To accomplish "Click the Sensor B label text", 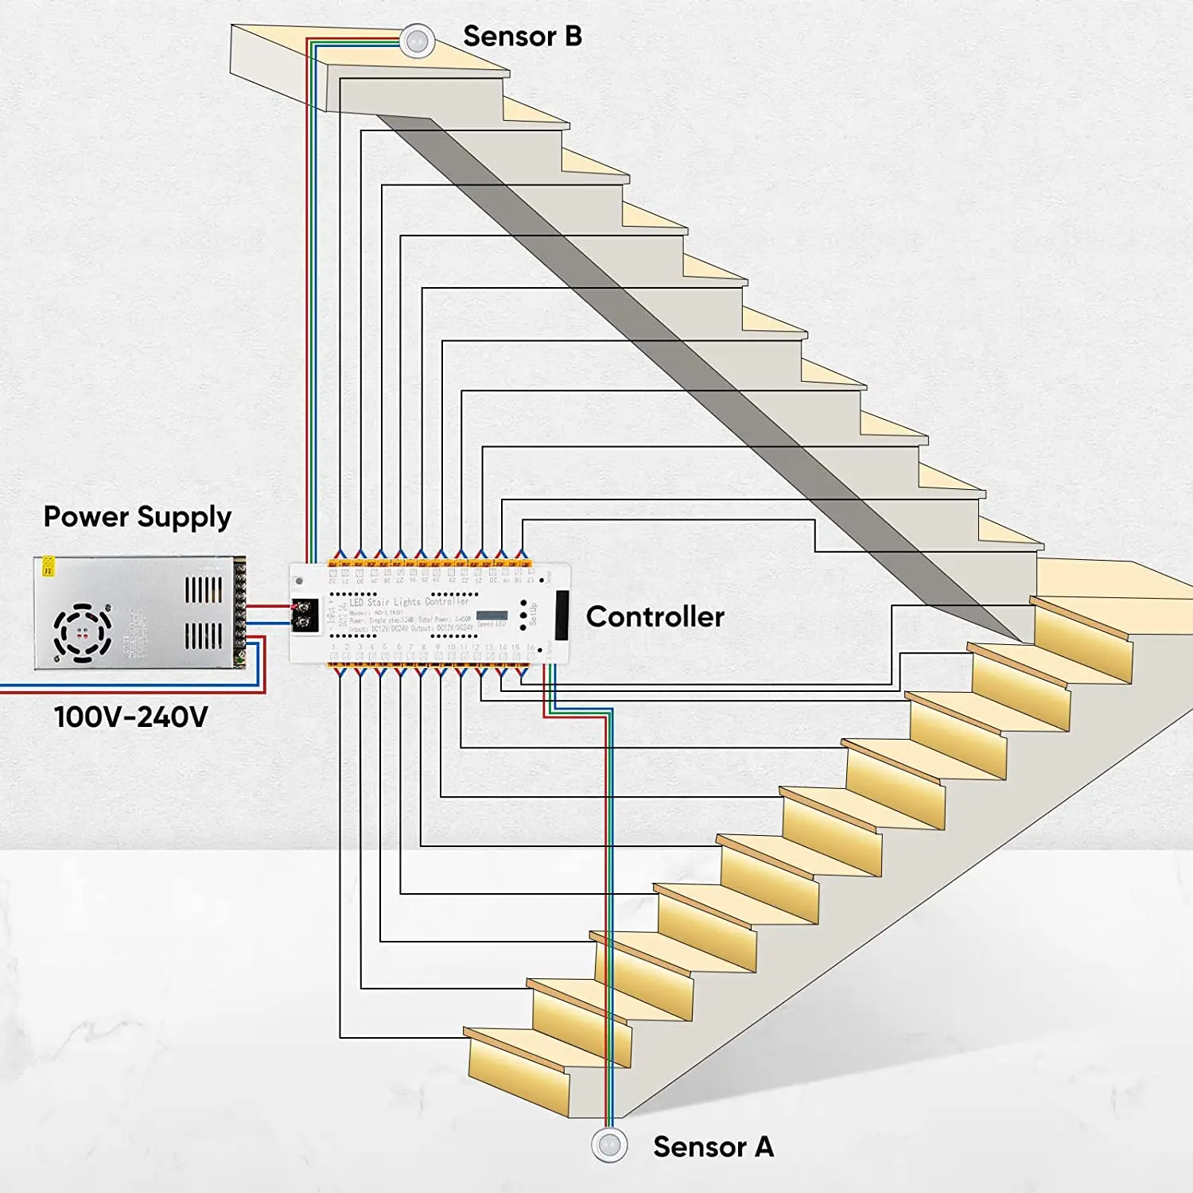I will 522,37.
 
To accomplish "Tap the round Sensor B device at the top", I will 416,41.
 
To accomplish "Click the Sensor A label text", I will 713,1147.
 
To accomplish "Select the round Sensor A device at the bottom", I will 610,1145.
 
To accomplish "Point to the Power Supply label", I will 137,517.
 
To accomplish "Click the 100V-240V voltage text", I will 130,717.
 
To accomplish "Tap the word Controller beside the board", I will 655,616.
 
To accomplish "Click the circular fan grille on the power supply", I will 82,633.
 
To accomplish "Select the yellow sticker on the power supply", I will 49,565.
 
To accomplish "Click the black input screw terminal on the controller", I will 305,616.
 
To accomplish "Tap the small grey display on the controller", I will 492,616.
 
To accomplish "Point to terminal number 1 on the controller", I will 333,647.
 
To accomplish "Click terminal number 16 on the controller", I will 530,647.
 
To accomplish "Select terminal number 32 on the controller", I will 332,581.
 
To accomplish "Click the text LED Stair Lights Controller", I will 409,602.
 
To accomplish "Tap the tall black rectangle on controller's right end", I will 562,616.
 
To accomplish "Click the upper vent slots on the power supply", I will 204,589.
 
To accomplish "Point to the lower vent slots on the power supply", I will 204,635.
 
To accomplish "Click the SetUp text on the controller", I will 533,614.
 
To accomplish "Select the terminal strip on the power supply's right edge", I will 239,612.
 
